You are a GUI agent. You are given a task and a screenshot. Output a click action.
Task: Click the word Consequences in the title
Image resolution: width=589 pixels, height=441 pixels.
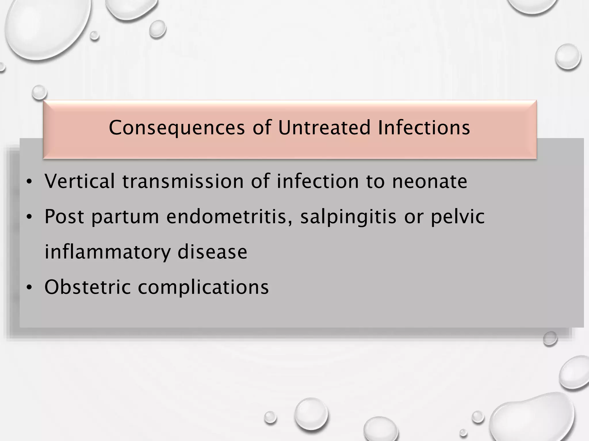point(177,127)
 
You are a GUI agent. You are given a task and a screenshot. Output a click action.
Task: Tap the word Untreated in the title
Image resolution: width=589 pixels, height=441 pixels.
point(324,127)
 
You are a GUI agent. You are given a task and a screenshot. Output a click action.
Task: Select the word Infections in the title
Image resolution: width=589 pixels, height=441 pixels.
point(424,127)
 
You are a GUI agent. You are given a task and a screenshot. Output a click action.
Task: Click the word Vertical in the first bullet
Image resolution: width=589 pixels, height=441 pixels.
point(80,181)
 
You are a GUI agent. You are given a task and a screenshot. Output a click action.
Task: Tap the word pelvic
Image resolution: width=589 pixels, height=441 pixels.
point(457,217)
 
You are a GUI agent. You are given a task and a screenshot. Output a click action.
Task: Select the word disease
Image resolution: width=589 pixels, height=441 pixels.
point(212,252)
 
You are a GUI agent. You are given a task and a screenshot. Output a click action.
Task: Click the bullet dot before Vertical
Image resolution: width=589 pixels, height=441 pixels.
point(29,182)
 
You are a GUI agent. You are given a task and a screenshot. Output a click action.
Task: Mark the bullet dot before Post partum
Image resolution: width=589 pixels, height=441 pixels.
point(29,217)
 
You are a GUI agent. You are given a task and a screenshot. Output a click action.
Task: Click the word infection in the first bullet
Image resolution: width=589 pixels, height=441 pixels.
point(318,181)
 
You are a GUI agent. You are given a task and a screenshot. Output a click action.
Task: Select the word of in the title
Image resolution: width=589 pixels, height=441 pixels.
point(262,127)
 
